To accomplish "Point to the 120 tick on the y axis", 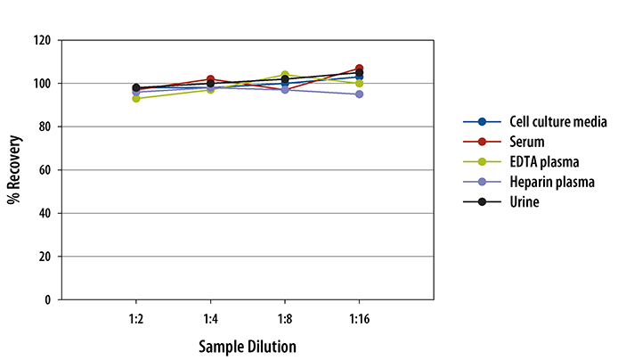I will (x=42, y=41).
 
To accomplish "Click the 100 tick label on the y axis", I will (x=42, y=84).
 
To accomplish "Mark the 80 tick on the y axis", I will (x=45, y=127).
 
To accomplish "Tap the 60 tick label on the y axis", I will (x=45, y=170).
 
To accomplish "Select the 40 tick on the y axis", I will (x=45, y=214).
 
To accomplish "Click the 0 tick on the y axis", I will (x=47, y=300).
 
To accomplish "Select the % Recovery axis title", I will (x=14, y=170).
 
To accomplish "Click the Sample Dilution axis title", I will (x=247, y=346).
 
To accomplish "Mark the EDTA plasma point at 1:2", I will (x=135, y=99).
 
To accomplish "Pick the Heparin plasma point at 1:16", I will (x=359, y=94).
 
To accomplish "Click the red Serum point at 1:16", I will (x=359, y=69).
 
